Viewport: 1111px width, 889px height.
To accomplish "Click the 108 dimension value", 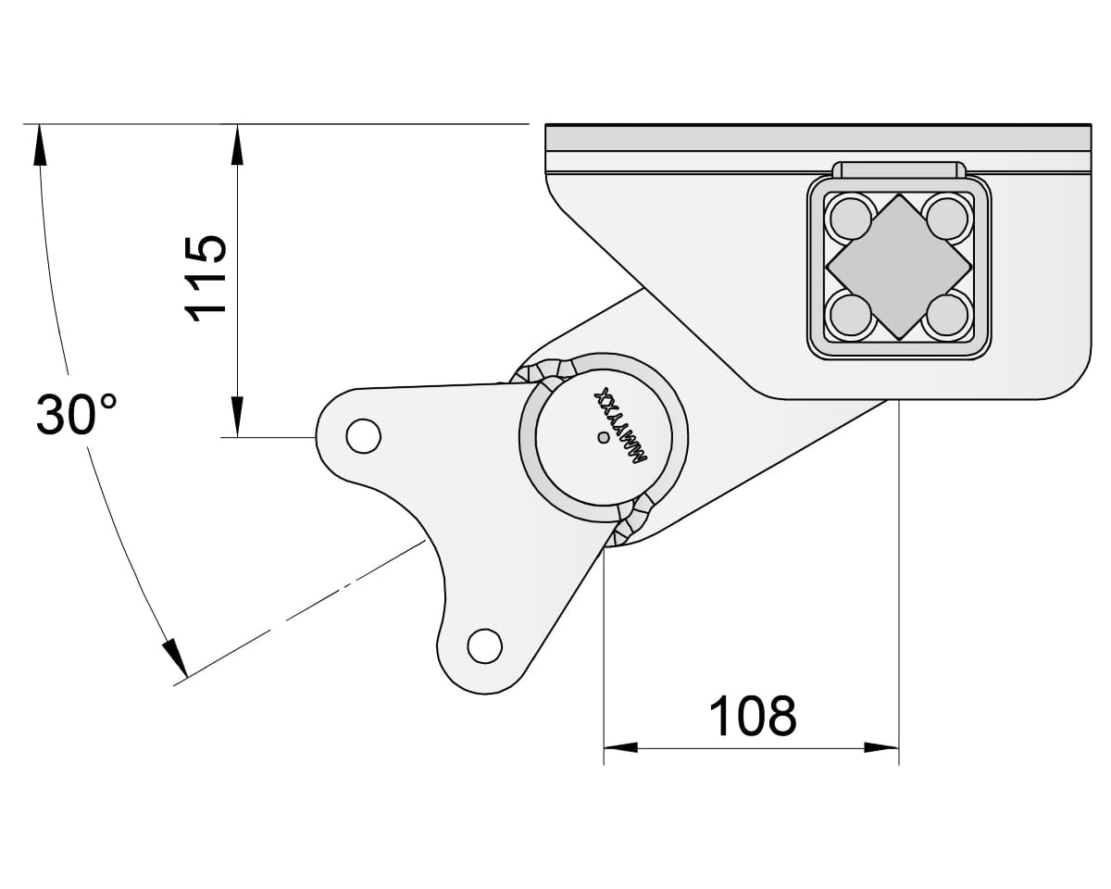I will pos(752,716).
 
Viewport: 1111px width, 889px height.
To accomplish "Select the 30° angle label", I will pos(77,415).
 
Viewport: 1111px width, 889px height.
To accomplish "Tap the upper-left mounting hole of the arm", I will pos(362,434).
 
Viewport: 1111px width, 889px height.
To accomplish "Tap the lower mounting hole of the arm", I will pos(484,644).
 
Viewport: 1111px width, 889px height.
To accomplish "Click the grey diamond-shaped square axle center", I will pos(898,267).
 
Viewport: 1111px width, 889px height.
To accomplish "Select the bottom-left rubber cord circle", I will pos(850,315).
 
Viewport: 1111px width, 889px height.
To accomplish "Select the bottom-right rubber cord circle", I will pos(946,315).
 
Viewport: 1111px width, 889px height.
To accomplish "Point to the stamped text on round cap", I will pos(622,429).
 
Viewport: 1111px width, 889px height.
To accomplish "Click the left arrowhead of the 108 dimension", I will pos(621,747).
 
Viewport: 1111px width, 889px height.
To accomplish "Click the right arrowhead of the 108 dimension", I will pos(881,747).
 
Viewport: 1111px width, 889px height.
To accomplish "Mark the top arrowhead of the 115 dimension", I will pos(237,143).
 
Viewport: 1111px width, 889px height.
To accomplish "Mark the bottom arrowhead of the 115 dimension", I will pos(237,418).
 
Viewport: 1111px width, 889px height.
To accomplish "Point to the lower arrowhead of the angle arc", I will pos(175,658).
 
